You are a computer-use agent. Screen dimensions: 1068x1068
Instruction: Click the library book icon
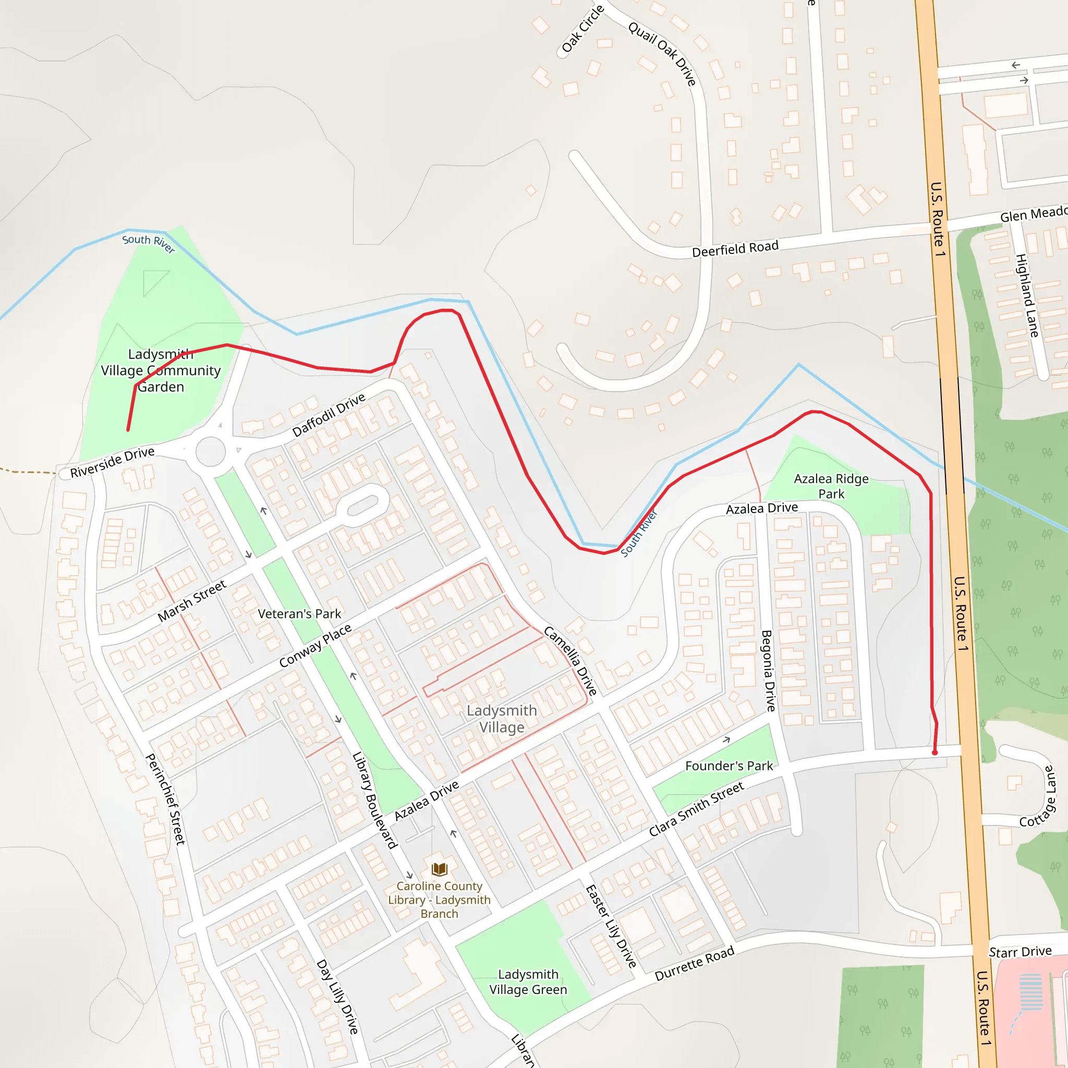(440, 869)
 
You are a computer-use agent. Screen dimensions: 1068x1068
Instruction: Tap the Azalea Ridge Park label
(831, 486)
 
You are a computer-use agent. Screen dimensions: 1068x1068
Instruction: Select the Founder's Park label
(729, 766)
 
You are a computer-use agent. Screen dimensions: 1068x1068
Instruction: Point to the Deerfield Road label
(735, 249)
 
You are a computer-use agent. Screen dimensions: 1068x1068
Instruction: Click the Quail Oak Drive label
(662, 53)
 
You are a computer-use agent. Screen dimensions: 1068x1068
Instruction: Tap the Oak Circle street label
(582, 29)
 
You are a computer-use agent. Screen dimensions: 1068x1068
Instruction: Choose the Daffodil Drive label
(329, 414)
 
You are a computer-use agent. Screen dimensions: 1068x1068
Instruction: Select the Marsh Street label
(192, 600)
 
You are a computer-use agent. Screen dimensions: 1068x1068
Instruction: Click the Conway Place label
(315, 645)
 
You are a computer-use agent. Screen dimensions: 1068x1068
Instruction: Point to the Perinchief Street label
(165, 799)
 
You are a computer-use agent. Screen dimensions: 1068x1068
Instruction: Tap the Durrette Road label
(694, 964)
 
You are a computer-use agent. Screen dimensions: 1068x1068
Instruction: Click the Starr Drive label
(1020, 951)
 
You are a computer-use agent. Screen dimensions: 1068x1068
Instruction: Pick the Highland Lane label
(1027, 295)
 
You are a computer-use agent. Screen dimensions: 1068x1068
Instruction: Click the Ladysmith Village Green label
(528, 982)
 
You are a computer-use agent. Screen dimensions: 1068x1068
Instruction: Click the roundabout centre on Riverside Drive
(211, 452)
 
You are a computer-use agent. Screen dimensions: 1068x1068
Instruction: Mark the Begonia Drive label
(768, 671)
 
